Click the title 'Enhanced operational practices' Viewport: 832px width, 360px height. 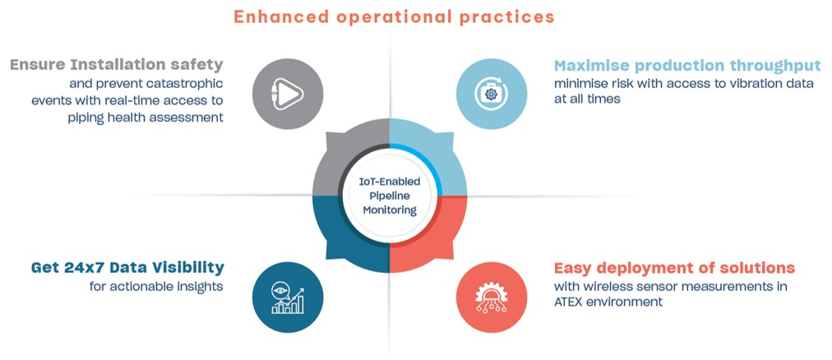tap(394, 16)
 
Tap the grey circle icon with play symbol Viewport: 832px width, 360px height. tap(288, 94)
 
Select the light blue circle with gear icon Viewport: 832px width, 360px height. tap(492, 94)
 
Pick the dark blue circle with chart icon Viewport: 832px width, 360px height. tap(288, 296)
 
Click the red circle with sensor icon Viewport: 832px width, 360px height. tap(492, 297)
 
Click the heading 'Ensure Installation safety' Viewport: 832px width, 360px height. tap(117, 65)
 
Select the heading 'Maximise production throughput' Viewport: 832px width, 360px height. tap(687, 65)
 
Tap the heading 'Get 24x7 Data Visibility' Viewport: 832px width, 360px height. tap(127, 268)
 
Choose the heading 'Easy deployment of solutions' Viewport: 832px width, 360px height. tap(674, 268)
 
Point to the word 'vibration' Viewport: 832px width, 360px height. tap(731, 83)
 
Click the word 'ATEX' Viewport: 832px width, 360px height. tap(571, 302)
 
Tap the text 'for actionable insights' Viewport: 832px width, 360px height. tap(156, 286)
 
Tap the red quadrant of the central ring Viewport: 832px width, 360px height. tap(436, 238)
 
